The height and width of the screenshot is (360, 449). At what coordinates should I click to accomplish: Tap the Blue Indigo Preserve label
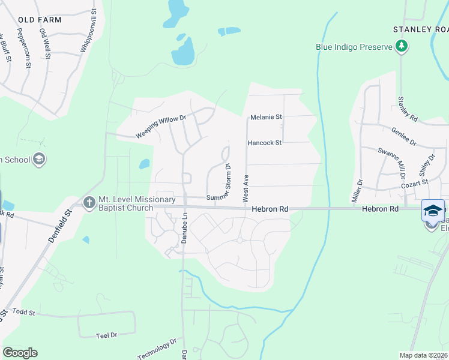click(x=354, y=47)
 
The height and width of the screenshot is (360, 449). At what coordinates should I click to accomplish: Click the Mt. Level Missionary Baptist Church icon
click(x=89, y=202)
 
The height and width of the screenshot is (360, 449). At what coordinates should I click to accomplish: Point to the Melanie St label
click(x=266, y=117)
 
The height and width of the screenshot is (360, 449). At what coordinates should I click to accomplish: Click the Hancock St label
click(x=265, y=143)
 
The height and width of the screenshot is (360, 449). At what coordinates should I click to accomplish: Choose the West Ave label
click(x=246, y=188)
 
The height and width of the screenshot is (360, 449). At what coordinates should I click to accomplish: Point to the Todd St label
click(x=25, y=313)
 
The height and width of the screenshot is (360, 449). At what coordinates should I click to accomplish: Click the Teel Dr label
click(x=106, y=335)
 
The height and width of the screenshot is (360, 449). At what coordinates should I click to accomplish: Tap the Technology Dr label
click(x=157, y=349)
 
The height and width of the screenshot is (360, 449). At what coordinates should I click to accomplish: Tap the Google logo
click(x=20, y=353)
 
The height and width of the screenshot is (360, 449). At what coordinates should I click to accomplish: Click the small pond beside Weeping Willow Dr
click(x=144, y=164)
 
